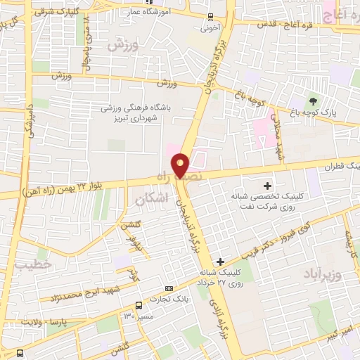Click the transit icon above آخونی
[x=209, y=18]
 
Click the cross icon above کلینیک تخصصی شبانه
[x=266, y=185]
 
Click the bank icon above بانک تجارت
[x=169, y=288]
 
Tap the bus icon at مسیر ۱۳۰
[x=139, y=305]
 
